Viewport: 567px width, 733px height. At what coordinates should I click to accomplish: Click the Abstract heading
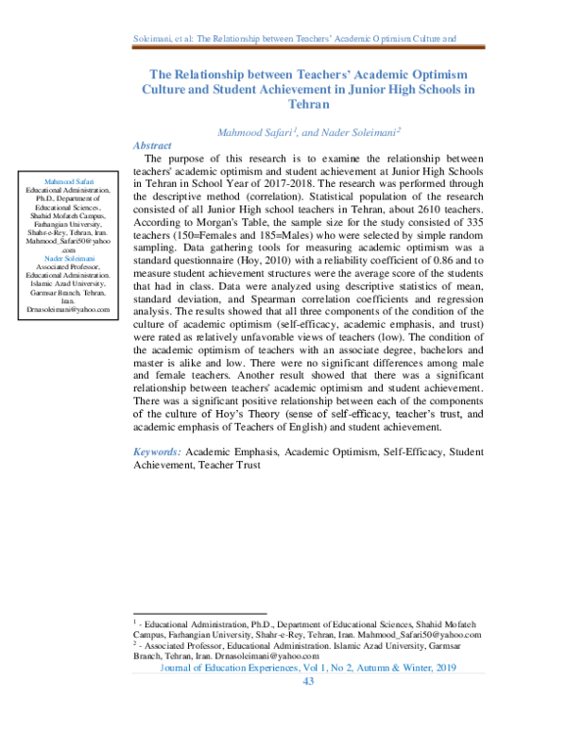click(x=152, y=145)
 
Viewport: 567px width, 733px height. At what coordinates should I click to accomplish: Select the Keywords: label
click(x=157, y=453)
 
